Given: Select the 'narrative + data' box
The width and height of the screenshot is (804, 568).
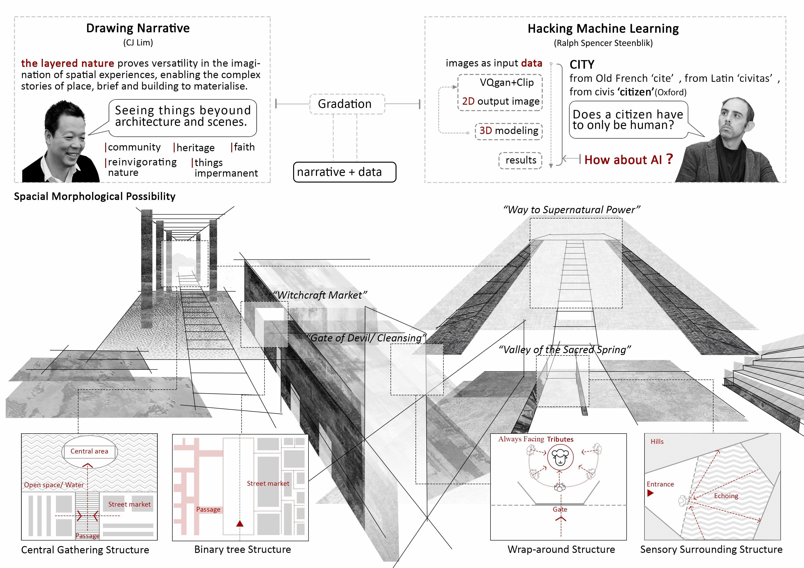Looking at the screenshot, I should [x=344, y=172].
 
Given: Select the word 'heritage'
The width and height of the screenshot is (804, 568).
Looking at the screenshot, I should [x=195, y=148].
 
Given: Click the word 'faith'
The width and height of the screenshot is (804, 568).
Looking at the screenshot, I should [x=244, y=147].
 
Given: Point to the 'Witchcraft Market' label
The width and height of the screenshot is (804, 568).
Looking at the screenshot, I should [x=320, y=295].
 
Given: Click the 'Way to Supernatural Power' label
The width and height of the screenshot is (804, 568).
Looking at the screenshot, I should [x=571, y=210].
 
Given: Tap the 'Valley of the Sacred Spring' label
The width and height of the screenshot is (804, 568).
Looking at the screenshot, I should [x=564, y=350].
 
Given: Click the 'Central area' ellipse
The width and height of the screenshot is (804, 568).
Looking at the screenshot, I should [x=89, y=451].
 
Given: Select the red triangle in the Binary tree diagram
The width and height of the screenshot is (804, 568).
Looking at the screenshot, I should [x=240, y=524].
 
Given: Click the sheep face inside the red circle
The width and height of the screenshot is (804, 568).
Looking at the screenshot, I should [x=560, y=457].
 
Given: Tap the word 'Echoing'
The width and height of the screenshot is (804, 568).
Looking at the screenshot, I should [x=726, y=496].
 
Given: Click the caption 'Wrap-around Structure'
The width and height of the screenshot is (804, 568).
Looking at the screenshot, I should [x=561, y=549].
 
